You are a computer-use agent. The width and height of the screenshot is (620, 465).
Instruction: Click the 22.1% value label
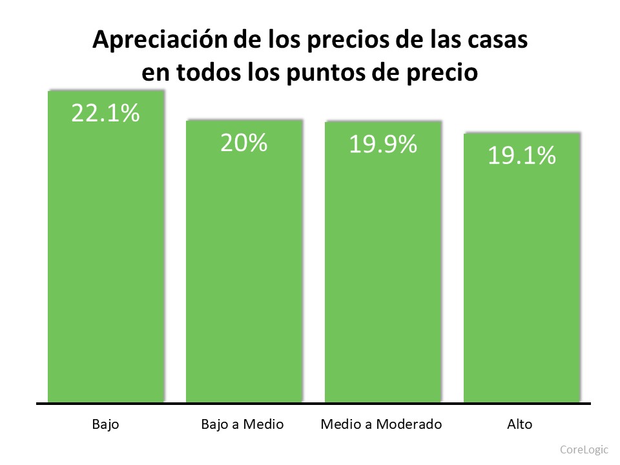[x=105, y=114]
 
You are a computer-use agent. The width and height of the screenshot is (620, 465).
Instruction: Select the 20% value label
[x=243, y=143]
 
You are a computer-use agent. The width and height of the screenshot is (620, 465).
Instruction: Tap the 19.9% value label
[x=382, y=145]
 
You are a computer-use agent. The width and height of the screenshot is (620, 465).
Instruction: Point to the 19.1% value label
[x=521, y=156]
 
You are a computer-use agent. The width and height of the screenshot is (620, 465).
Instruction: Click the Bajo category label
[x=105, y=424]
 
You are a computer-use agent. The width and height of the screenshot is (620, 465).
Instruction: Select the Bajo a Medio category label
[x=243, y=424]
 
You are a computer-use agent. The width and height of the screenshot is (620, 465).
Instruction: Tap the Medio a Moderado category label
[x=382, y=424]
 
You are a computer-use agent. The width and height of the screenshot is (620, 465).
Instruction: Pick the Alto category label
[x=521, y=424]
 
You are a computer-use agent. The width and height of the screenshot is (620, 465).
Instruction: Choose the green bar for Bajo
[x=105, y=258]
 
